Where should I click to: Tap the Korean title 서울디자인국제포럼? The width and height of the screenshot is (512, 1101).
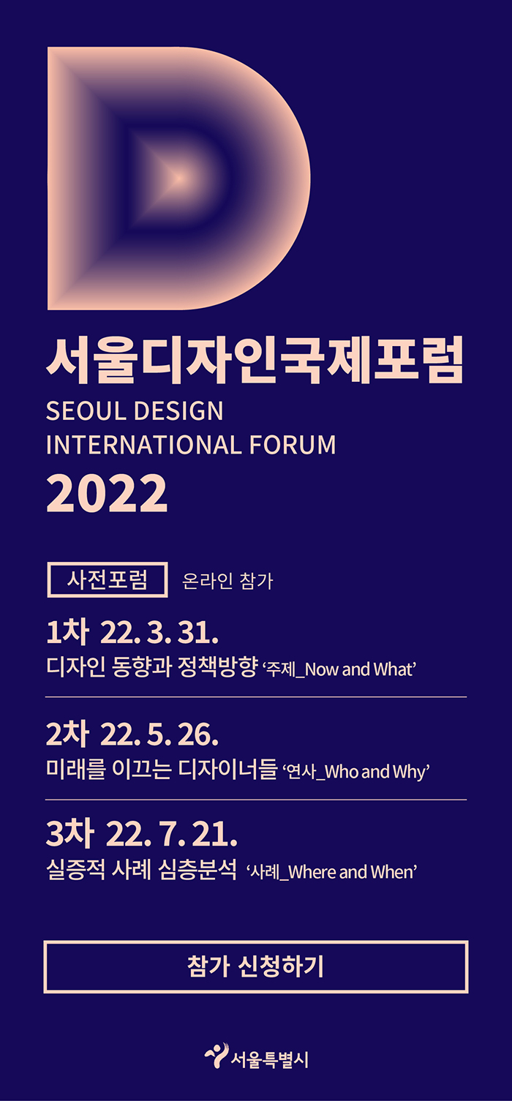255,360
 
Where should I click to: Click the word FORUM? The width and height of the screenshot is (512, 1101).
293,445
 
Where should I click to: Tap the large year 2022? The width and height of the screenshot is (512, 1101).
107,494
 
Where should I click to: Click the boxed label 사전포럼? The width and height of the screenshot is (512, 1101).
107,579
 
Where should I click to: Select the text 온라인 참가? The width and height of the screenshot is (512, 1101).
227,581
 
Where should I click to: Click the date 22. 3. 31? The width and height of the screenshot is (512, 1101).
159,633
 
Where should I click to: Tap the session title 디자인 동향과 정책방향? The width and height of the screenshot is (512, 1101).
152,667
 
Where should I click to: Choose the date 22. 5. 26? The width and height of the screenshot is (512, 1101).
159,734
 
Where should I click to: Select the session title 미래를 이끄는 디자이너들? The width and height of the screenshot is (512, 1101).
162,769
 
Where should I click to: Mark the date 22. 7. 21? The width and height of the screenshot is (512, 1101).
171,835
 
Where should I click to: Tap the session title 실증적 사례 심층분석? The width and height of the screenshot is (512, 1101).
141,870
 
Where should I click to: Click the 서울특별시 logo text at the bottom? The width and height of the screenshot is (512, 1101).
270,1059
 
